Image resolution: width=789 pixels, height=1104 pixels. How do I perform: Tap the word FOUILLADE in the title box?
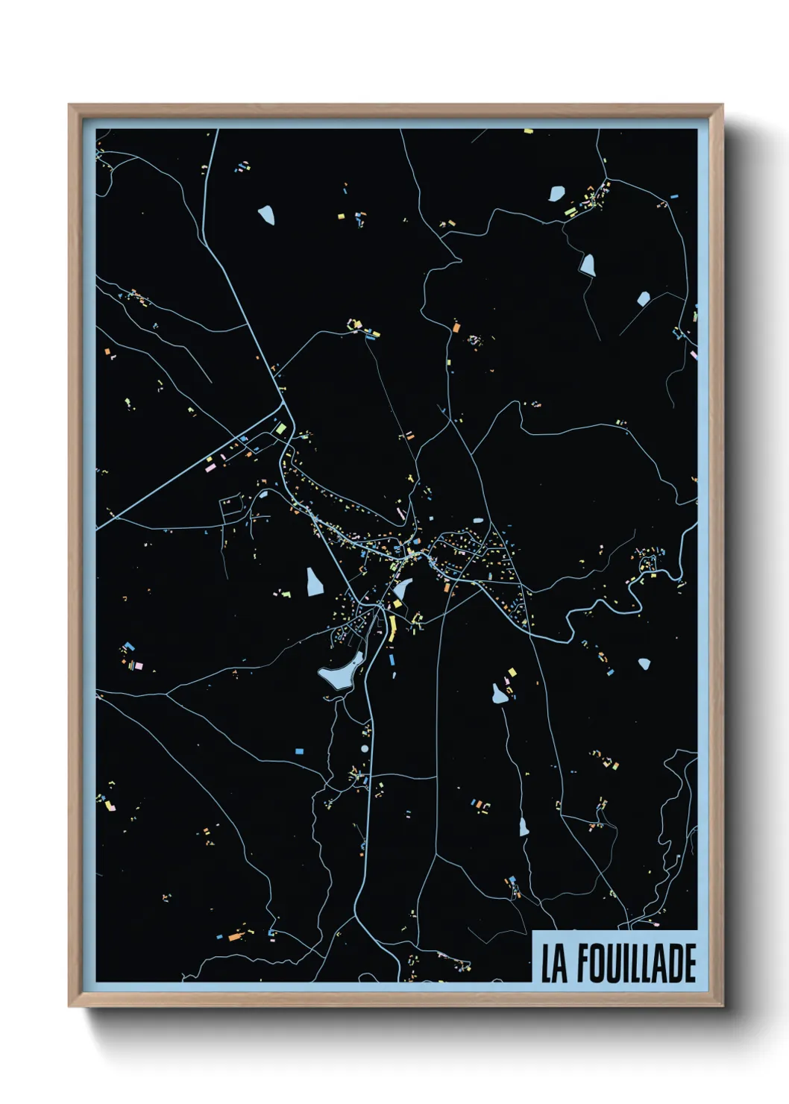(x=636, y=964)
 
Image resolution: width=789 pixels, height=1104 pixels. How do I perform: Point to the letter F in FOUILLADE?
(x=584, y=964)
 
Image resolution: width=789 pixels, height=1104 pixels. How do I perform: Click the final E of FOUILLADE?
(x=689, y=964)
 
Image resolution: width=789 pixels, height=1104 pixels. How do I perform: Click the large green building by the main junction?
(x=280, y=429)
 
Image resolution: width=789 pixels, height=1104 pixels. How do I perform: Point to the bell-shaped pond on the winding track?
(x=588, y=265)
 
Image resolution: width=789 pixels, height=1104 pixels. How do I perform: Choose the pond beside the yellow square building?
(x=499, y=694)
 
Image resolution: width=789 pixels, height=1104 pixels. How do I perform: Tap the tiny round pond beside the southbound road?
(x=365, y=748)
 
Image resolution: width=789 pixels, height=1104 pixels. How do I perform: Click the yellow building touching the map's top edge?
(x=529, y=131)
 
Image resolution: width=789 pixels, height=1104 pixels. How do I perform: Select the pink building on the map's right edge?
(x=694, y=355)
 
